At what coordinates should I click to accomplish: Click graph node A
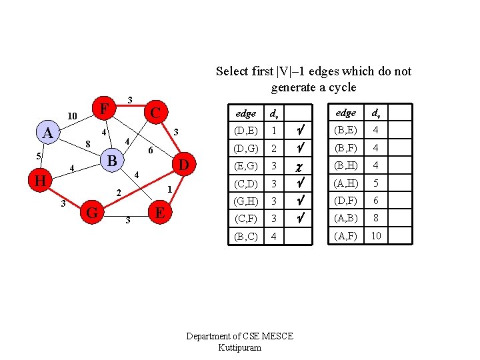[x=47, y=133]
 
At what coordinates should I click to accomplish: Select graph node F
[x=103, y=107]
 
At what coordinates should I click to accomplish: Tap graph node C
[x=155, y=111]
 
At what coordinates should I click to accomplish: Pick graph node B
[x=113, y=161]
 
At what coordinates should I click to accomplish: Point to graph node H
[x=41, y=180]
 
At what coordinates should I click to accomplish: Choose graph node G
[x=93, y=213]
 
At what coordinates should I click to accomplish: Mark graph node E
[x=159, y=213]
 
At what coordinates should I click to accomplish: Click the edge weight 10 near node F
[x=74, y=117]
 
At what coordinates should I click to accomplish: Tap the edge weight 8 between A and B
[x=87, y=143]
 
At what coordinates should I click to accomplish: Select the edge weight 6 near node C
[x=151, y=151]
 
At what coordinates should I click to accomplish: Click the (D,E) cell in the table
[x=246, y=131]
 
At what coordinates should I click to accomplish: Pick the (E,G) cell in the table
[x=246, y=166]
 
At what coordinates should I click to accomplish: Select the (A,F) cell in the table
[x=345, y=235]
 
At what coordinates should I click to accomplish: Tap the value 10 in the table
[x=376, y=235]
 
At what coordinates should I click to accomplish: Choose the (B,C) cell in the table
[x=246, y=236]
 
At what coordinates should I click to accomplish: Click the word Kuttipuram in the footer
[x=239, y=348]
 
